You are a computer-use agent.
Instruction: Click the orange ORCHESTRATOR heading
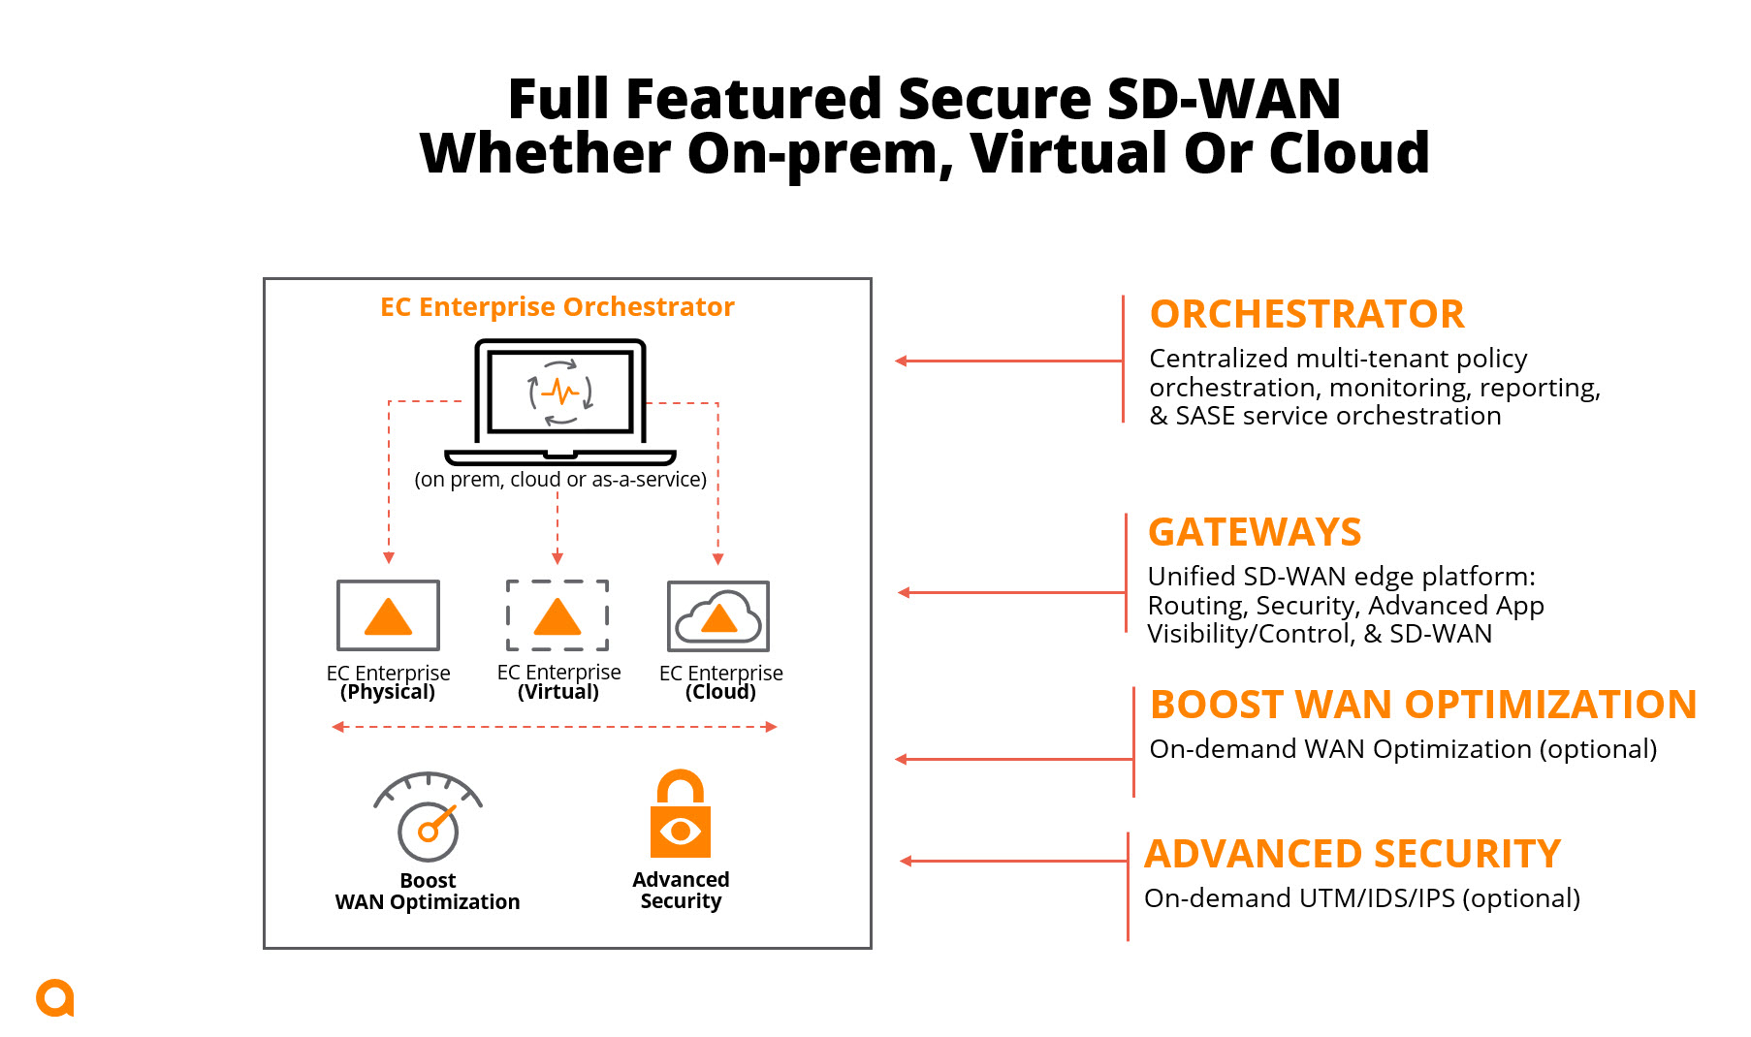(x=1306, y=315)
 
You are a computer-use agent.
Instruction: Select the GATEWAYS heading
(x=1255, y=533)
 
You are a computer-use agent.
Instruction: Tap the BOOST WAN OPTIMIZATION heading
(x=1422, y=705)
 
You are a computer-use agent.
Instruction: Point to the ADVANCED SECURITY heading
(x=1353, y=854)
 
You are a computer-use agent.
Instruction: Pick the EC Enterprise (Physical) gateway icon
(x=388, y=615)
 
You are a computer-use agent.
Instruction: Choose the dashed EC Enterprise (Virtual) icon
(x=557, y=615)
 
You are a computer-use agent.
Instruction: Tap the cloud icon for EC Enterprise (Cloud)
(x=718, y=616)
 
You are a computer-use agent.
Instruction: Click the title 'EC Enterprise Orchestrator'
(x=557, y=307)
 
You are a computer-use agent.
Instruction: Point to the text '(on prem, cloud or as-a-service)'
(x=560, y=480)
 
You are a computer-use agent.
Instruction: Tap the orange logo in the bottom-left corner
(x=55, y=998)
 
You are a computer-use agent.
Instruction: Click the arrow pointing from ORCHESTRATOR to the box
(x=1008, y=361)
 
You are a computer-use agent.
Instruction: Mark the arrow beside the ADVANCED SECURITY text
(x=1013, y=861)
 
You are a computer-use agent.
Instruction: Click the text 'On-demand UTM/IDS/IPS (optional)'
(x=1361, y=898)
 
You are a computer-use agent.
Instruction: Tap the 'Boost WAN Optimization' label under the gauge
(x=428, y=892)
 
